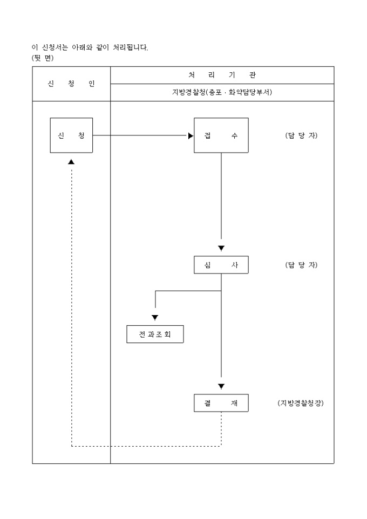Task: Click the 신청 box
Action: click(71, 135)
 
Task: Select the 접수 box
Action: click(221, 135)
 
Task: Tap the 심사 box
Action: click(221, 265)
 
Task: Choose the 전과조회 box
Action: click(155, 334)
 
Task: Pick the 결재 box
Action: click(221, 403)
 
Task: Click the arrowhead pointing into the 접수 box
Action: click(191, 136)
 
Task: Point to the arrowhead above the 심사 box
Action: click(221, 248)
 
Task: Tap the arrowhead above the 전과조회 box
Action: click(155, 318)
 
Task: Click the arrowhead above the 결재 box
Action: click(221, 386)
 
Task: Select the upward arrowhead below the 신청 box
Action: click(71, 162)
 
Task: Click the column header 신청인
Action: click(71, 84)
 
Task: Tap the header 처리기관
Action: click(222, 75)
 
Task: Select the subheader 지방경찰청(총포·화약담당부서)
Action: click(222, 92)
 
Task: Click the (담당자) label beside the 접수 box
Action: click(301, 135)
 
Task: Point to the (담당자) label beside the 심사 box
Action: click(301, 265)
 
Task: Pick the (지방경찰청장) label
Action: click(301, 403)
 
